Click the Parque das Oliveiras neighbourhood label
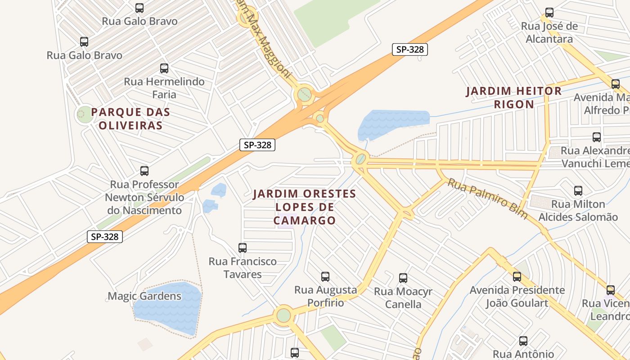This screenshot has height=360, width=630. (x=130, y=119)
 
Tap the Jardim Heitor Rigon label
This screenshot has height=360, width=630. (x=514, y=98)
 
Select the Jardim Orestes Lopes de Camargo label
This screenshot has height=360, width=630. (x=305, y=207)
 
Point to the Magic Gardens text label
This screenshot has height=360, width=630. (x=144, y=296)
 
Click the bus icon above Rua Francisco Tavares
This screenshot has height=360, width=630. (x=243, y=247)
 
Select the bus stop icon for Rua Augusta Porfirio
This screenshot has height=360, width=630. (x=325, y=276)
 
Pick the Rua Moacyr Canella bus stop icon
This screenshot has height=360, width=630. (x=403, y=278)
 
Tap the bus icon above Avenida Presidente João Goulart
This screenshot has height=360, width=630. (x=517, y=277)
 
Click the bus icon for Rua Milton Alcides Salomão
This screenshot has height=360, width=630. (x=578, y=191)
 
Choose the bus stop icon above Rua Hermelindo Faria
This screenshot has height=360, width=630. (x=164, y=68)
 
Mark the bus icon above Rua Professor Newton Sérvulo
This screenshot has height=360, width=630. (x=144, y=171)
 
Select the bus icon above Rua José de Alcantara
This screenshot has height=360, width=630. (x=549, y=13)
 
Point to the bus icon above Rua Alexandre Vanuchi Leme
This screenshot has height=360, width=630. (x=597, y=137)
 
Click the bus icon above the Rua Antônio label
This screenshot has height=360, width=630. (x=523, y=341)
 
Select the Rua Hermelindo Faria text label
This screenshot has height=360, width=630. (x=164, y=88)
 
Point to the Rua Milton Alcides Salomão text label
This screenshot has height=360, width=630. (x=578, y=211)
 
